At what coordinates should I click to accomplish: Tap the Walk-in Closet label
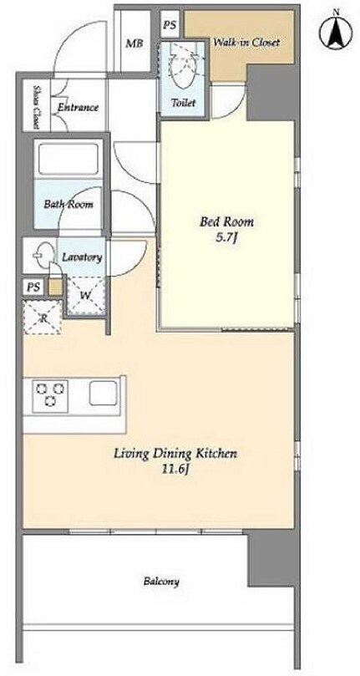pyautogui.click(x=247, y=43)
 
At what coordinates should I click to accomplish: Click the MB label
pyautogui.click(x=134, y=43)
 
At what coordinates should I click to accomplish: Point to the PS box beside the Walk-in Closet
pyautogui.click(x=170, y=25)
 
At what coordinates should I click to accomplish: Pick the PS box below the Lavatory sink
pyautogui.click(x=33, y=287)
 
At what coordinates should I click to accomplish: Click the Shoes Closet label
pyautogui.click(x=36, y=107)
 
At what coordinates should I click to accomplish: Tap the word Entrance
pyautogui.click(x=78, y=107)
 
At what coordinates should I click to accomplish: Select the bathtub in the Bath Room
pyautogui.click(x=68, y=159)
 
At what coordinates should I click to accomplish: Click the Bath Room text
pyautogui.click(x=68, y=204)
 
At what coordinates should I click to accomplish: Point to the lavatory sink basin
pyautogui.click(x=44, y=255)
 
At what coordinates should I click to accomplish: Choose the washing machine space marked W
pyautogui.click(x=86, y=296)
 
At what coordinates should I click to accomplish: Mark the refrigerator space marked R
pyautogui.click(x=43, y=318)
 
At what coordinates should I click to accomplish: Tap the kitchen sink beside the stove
pyautogui.click(x=103, y=394)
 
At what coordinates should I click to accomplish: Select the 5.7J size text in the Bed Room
pyautogui.click(x=227, y=238)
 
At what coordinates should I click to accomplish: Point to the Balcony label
pyautogui.click(x=161, y=582)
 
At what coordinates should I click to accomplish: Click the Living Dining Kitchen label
pyautogui.click(x=175, y=455)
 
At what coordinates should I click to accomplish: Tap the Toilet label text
pyautogui.click(x=183, y=103)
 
